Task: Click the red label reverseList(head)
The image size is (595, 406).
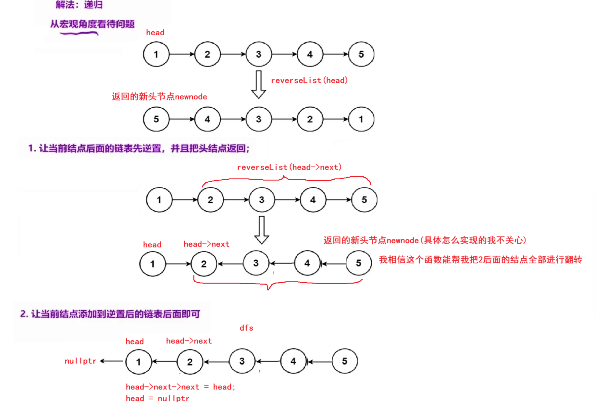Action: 309,80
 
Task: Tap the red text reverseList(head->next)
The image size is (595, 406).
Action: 289,167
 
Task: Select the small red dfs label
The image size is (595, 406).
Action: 246,328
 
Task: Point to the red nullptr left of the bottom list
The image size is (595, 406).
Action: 80,361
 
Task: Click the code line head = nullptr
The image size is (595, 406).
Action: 157,399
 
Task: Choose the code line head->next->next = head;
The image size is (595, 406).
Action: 180,387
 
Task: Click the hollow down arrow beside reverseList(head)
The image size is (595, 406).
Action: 258,84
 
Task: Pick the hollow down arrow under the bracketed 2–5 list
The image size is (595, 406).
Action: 261,230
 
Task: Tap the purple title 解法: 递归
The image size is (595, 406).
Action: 79,5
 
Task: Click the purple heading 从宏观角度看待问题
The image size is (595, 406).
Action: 92,24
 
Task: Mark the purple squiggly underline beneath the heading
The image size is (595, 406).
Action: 79,33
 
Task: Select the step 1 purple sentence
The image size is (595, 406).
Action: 139,148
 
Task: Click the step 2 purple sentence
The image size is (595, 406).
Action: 110,314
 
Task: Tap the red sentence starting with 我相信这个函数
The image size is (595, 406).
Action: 480,260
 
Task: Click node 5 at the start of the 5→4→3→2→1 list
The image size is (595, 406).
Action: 156,119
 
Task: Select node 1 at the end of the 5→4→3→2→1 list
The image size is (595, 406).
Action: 361,119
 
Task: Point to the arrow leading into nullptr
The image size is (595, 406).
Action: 112,361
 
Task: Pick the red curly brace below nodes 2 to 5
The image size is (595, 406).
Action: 278,283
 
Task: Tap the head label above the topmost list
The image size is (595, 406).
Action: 155,33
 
